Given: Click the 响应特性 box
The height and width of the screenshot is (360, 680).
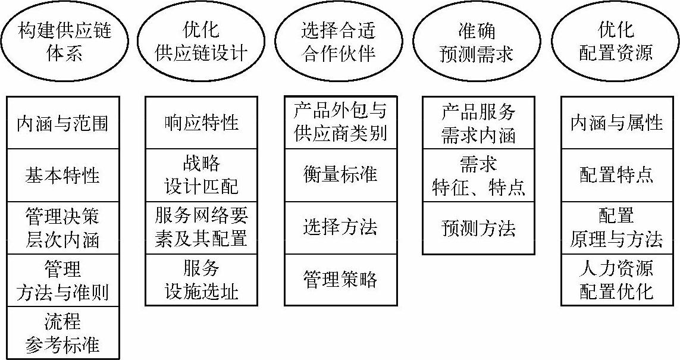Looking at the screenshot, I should (201, 123).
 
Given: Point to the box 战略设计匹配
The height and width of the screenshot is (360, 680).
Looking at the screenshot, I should (201, 175).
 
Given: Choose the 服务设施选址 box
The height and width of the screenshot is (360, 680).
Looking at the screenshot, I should (201, 280).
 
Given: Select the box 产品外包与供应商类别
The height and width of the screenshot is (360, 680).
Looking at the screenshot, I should (340, 121).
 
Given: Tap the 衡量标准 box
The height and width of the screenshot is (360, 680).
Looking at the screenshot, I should (340, 175).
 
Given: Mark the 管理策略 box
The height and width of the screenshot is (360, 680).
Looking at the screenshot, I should (340, 280).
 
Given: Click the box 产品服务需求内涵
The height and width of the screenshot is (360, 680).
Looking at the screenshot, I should (478, 123).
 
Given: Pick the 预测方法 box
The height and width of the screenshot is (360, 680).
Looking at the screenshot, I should (478, 228).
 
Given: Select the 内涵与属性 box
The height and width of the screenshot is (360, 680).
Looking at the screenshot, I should (616, 123).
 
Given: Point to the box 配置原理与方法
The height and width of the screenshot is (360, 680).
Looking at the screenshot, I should (616, 228).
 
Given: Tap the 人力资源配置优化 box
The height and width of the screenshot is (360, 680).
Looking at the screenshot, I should (616, 280).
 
